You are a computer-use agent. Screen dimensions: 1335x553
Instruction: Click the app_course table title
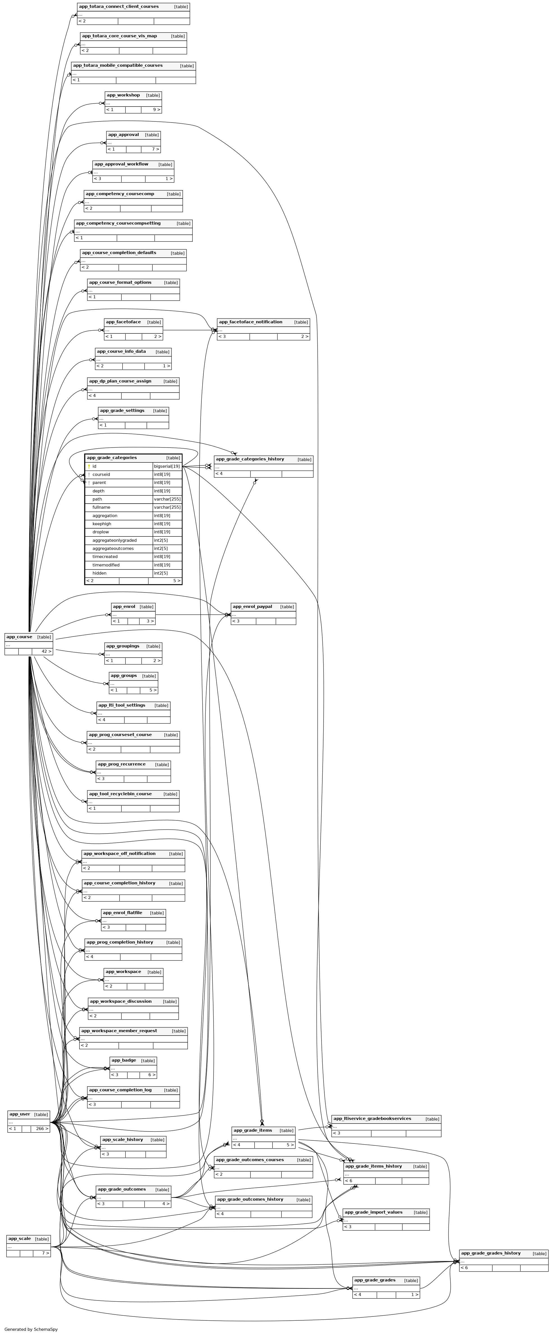click(x=19, y=637)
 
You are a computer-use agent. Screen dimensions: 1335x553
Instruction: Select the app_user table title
click(x=20, y=1114)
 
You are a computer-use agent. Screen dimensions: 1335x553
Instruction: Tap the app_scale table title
click(x=20, y=1239)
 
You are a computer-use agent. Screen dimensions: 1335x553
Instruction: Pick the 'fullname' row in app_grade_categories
click(x=101, y=507)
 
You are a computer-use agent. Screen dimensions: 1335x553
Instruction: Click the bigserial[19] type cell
click(x=167, y=466)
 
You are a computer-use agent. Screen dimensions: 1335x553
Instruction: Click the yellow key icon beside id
click(x=89, y=466)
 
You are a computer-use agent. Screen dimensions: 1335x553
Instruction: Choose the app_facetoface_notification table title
click(x=251, y=322)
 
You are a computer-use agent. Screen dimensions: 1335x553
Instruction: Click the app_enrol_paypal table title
click(x=252, y=606)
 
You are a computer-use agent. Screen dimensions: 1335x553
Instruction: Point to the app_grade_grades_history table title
click(x=491, y=1253)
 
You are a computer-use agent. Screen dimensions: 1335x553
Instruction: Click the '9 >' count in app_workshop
click(x=157, y=110)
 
